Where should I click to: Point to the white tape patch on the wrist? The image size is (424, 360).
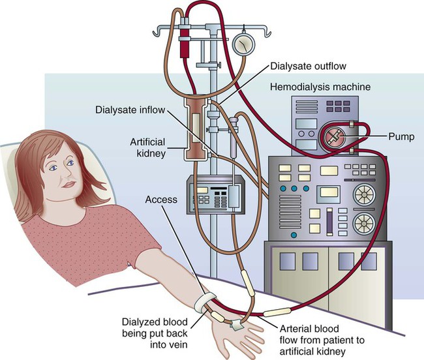click(235, 322)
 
